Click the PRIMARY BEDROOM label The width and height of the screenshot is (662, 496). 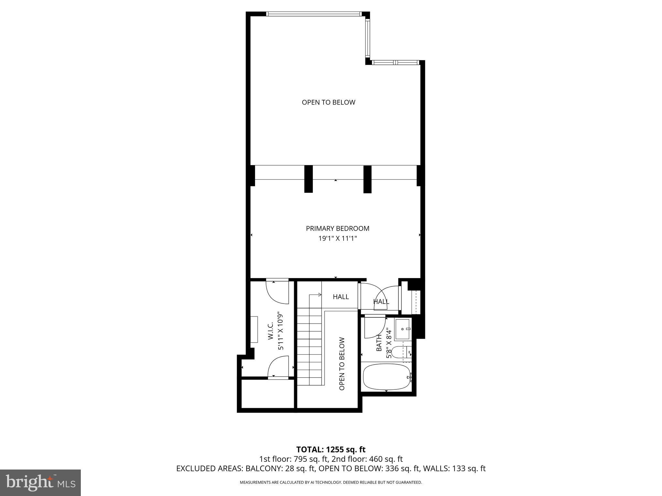(337, 228)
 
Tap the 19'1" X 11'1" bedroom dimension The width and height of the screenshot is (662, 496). (337, 239)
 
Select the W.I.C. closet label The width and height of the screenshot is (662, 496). (271, 331)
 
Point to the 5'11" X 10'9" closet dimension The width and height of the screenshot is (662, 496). (281, 331)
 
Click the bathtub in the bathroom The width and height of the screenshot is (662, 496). (387, 377)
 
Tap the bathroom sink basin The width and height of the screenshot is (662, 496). (403, 329)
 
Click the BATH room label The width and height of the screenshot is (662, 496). (379, 343)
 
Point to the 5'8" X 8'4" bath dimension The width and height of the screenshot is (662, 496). (389, 343)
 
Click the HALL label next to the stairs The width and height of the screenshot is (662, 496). (341, 296)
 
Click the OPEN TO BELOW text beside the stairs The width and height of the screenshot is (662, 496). (342, 364)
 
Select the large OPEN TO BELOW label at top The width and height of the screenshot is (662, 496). (328, 102)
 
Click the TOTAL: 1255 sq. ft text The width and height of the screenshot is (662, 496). (331, 449)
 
